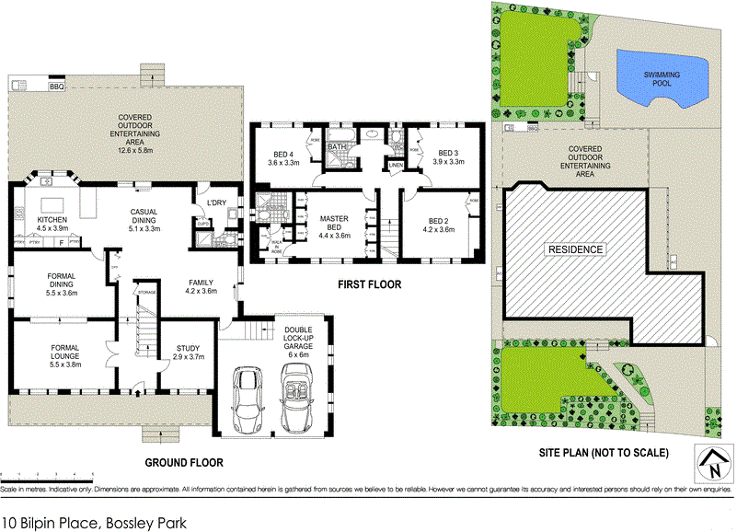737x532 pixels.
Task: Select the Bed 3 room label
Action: [447, 157]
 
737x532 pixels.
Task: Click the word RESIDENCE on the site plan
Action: [576, 249]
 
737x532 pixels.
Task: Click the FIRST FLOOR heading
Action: [368, 284]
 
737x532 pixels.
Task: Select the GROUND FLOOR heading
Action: [184, 462]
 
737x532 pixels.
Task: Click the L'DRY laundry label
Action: [216, 202]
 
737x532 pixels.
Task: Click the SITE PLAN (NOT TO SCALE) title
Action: [604, 453]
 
